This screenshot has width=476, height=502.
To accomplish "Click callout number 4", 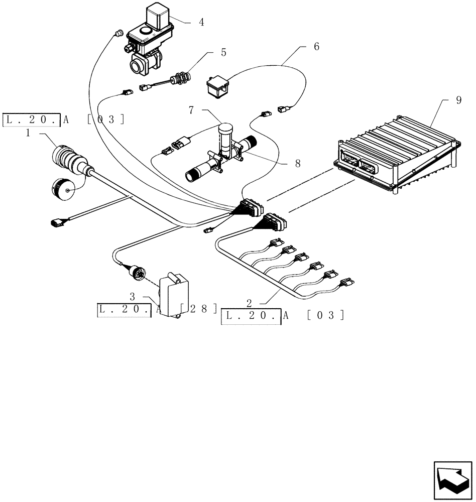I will (x=201, y=22).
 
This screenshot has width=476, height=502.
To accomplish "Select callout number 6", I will (x=316, y=47).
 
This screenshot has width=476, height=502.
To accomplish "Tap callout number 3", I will (x=133, y=296).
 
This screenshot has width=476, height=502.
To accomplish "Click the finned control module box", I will (x=397, y=156).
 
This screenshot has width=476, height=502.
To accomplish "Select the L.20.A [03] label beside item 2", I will (x=283, y=315).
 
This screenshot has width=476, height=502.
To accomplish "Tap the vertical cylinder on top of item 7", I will (x=226, y=135).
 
